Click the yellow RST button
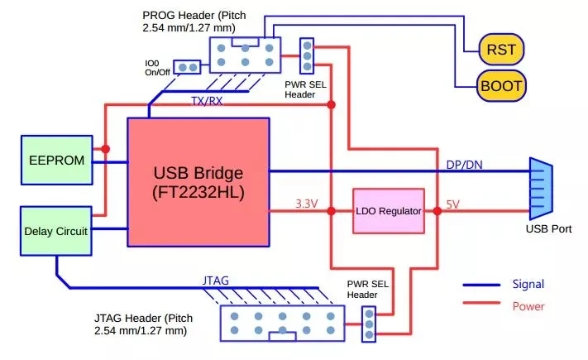501,49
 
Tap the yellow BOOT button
501,86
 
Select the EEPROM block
56,161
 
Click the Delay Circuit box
56,231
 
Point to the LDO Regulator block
389,211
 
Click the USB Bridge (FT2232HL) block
198,182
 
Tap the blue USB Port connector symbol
541,189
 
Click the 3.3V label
306,204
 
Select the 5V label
452,204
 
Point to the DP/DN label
464,165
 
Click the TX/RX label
207,101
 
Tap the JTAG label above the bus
216,281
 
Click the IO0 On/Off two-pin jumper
188,67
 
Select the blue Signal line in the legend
481,285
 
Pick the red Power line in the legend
481,303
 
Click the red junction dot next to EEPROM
105,149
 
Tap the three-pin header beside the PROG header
307,56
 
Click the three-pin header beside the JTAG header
369,324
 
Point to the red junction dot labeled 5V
437,211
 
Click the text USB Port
548,229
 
